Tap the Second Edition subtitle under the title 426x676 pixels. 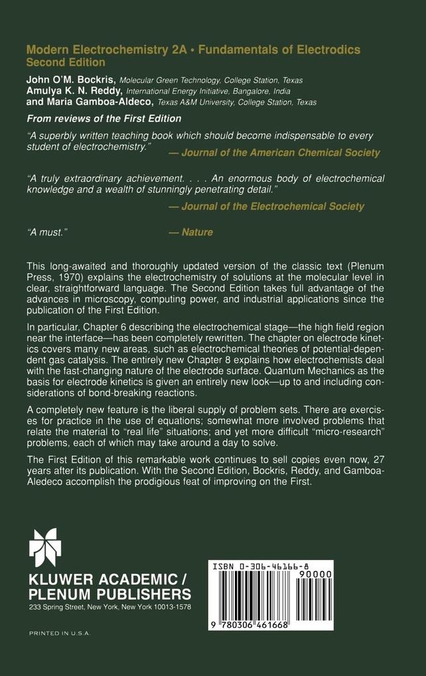pyautogui.click(x=65, y=62)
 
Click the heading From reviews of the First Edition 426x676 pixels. pyautogui.click(x=104, y=119)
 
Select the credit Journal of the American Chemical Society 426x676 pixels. pyautogui.click(x=274, y=152)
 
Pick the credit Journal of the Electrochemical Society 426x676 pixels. pyautogui.click(x=266, y=206)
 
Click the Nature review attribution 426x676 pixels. pyautogui.click(x=190, y=232)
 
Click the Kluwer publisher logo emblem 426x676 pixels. pyautogui.click(x=44, y=547)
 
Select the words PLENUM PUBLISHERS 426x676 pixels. pyautogui.click(x=109, y=593)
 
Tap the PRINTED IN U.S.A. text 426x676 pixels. pyautogui.click(x=60, y=634)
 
